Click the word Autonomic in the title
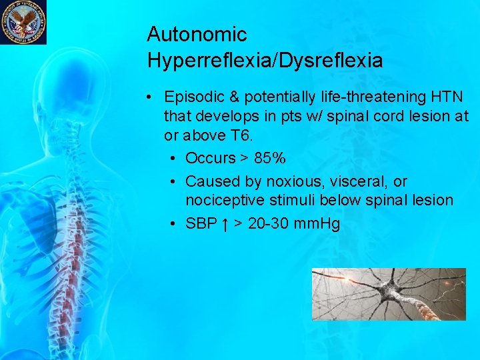pos(197,34)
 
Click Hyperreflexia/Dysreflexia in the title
pos(265,61)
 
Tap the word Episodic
pos(193,97)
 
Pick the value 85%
pos(270,158)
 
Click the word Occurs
pos(211,158)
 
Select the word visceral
pos(354,181)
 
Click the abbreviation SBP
pos(201,223)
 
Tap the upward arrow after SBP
pos(226,223)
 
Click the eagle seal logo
pos(23,22)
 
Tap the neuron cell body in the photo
pos(393,293)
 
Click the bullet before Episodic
pos(153,97)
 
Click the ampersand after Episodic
pos(231,97)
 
